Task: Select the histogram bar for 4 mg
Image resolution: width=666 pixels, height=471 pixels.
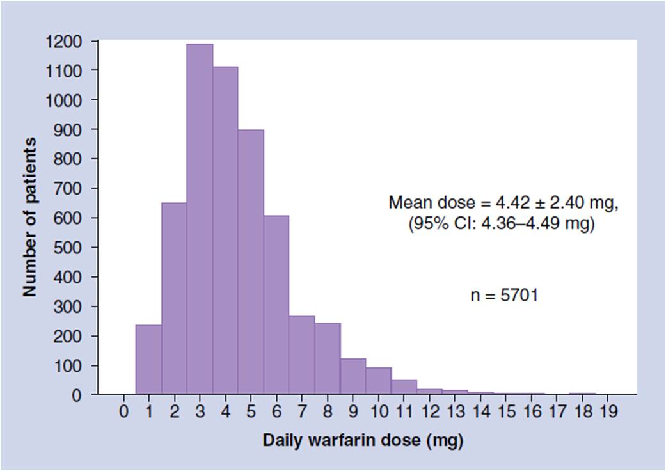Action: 225,230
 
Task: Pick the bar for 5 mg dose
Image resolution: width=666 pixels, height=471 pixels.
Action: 251,262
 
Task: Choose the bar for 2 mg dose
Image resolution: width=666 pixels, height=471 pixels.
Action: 174,301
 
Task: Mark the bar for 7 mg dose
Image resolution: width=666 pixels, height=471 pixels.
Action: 302,355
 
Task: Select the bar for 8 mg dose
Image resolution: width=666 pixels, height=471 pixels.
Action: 328,358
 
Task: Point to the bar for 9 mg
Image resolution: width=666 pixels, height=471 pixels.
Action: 353,377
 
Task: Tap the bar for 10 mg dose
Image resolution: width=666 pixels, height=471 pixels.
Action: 379,381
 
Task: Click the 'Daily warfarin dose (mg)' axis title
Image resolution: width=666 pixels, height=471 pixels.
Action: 362,442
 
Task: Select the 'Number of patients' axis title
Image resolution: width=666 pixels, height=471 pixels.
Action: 29,216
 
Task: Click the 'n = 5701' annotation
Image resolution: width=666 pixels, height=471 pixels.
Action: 504,296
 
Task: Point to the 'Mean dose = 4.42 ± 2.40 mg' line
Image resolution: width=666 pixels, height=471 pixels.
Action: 503,204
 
